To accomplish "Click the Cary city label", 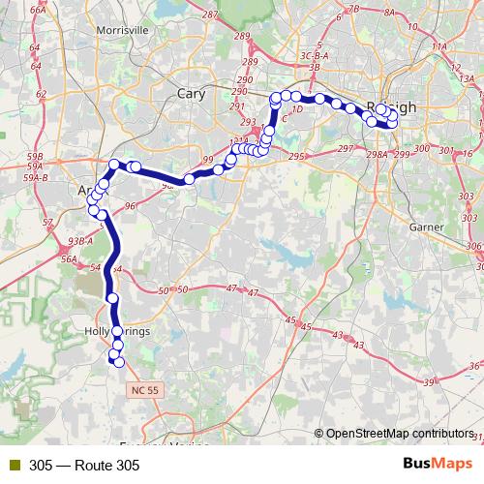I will pyautogui.click(x=191, y=93).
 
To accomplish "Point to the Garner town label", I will pyautogui.click(x=426, y=227).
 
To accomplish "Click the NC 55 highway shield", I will pyautogui.click(x=140, y=387).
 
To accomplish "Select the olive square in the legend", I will pyautogui.click(x=14, y=466).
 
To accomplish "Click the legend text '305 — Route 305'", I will pyautogui.click(x=84, y=466).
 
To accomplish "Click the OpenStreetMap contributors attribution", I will pyautogui.click(x=399, y=433).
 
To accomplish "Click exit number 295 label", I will pyautogui.click(x=297, y=156).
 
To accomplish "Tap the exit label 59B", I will pyautogui.click(x=36, y=155).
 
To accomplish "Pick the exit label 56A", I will pyautogui.click(x=68, y=259).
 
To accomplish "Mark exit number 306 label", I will pyautogui.click(x=473, y=246).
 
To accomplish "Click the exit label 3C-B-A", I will pyautogui.click(x=315, y=56).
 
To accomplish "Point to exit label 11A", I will pyautogui.click(x=440, y=45).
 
